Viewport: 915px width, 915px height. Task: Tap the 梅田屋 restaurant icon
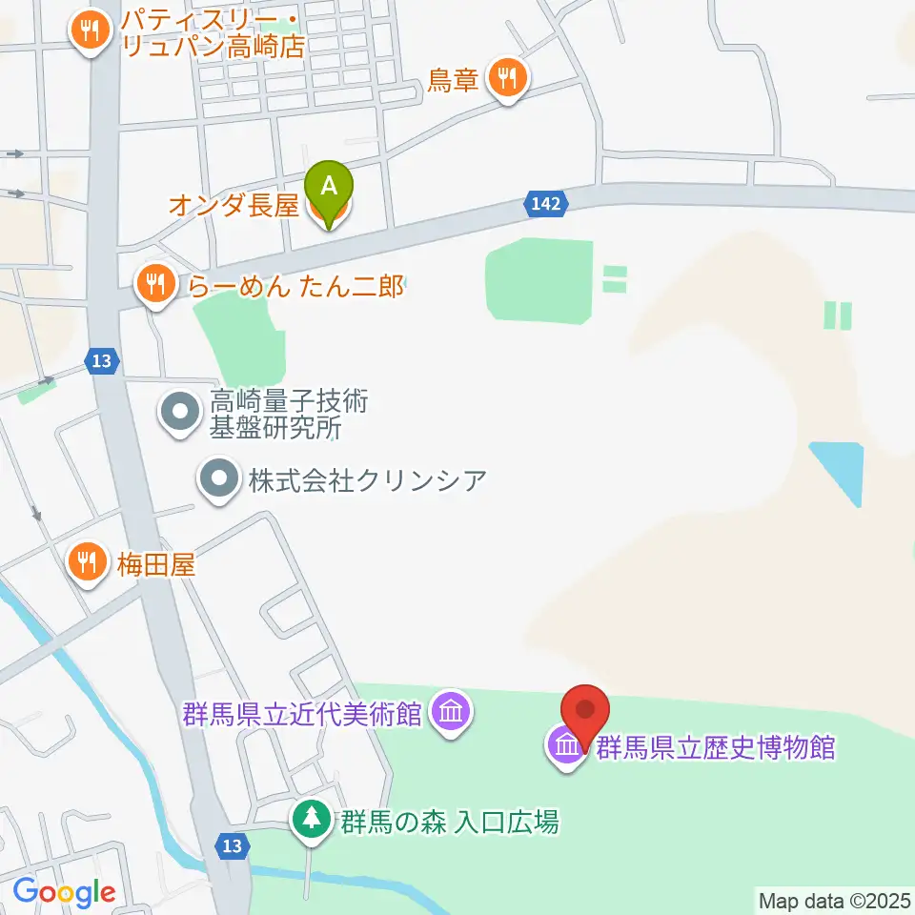[x=88, y=563]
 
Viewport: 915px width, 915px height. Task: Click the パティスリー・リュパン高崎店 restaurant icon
[x=90, y=31]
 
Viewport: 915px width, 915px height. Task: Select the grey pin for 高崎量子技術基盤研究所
[x=178, y=415]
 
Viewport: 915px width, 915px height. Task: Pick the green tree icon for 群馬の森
[x=311, y=820]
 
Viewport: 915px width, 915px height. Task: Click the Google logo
[x=64, y=892]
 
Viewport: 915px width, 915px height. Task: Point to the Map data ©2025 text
[x=835, y=899]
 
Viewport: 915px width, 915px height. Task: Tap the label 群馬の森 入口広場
[x=450, y=821]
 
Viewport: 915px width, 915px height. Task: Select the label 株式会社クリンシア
[x=367, y=479]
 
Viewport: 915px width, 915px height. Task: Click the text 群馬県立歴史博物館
[x=716, y=746]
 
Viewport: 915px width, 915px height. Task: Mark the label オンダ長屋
[x=234, y=206]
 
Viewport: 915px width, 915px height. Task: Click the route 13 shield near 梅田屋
[x=102, y=360]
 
